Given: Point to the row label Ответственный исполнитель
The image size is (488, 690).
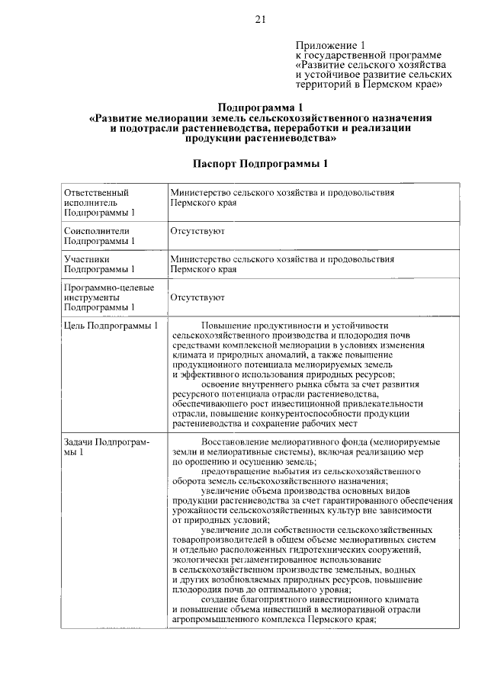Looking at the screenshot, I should (x=96, y=203).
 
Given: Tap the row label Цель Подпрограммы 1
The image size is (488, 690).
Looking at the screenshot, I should (x=111, y=326).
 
